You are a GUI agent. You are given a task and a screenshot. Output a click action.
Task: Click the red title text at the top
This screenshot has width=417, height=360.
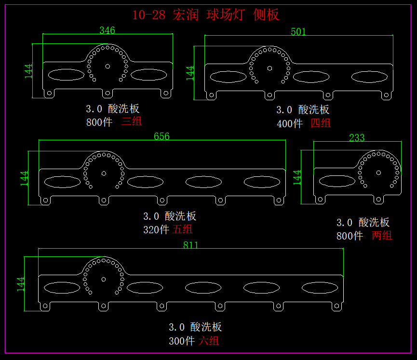(206, 15)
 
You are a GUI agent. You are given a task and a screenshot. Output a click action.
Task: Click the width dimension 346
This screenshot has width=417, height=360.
(107, 30)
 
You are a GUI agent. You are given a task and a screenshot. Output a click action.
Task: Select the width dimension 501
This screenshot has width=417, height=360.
(298, 32)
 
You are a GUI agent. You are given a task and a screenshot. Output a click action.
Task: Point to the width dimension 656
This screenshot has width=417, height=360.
(161, 136)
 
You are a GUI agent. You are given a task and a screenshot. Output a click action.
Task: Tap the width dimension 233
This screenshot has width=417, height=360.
(357, 138)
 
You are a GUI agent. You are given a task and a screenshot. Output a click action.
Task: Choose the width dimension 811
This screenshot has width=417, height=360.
(191, 245)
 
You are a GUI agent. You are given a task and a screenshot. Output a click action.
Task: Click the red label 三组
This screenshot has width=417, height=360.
(132, 121)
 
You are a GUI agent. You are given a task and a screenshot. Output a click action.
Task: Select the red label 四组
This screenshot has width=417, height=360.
(321, 123)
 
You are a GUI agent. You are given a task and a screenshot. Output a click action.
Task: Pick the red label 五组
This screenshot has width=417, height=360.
(183, 229)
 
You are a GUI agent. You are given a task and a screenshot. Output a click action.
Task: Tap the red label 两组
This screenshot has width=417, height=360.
(382, 236)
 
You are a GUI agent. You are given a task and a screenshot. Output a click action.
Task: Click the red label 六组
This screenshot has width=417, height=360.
(209, 341)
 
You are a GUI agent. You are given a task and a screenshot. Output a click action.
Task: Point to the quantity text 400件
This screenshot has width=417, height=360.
(289, 123)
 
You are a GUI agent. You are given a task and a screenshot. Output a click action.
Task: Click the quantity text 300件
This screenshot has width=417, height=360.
(182, 341)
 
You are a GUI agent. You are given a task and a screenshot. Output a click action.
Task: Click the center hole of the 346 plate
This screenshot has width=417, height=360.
(108, 66)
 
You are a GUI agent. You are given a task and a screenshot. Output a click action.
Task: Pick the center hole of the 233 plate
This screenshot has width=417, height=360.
(378, 173)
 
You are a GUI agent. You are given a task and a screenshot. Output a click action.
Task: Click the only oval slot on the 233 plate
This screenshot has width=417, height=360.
(337, 182)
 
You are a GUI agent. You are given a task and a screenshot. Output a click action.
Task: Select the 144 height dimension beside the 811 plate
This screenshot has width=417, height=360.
(20, 284)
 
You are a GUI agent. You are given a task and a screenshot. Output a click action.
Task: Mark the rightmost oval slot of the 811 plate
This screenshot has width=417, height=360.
(320, 288)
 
